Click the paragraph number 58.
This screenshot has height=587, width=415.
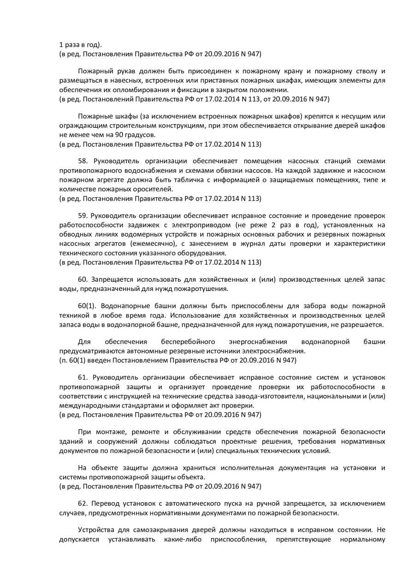coord(83,161)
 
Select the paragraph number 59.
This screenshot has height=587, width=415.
coord(83,215)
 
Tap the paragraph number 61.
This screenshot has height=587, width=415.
coord(83,377)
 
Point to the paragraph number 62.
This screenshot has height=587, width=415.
coord(83,503)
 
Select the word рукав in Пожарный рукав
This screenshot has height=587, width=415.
coord(119,71)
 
